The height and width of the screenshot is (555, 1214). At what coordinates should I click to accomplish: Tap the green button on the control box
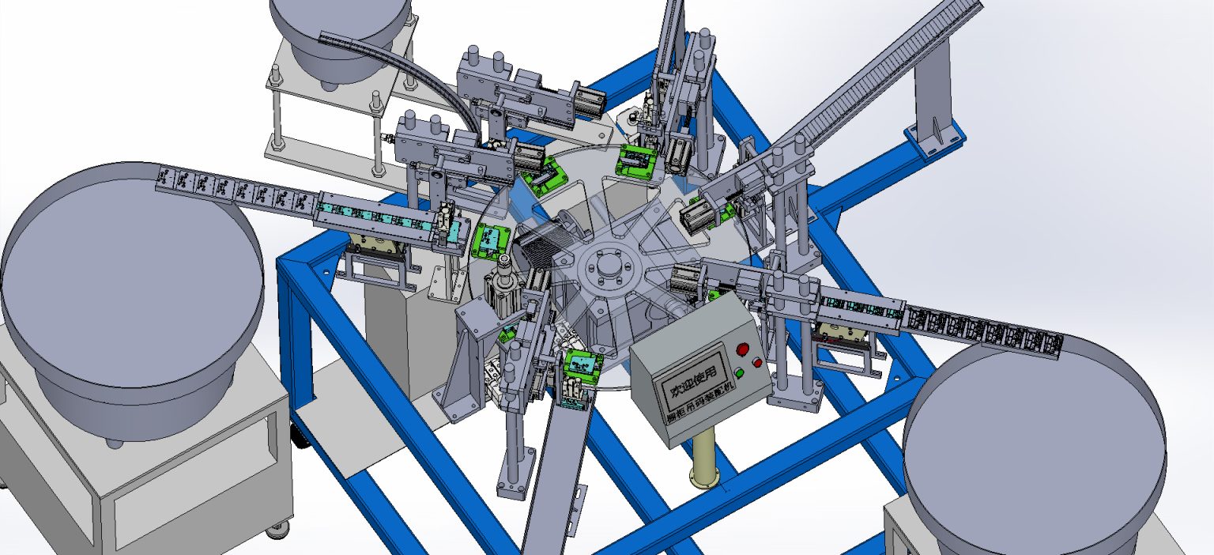click(739, 373)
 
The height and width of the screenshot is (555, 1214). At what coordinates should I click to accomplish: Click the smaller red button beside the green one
click(758, 363)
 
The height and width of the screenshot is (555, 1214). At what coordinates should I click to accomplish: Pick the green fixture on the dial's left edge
click(490, 240)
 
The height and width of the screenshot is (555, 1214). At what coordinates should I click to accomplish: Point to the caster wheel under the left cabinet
click(276, 530)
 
